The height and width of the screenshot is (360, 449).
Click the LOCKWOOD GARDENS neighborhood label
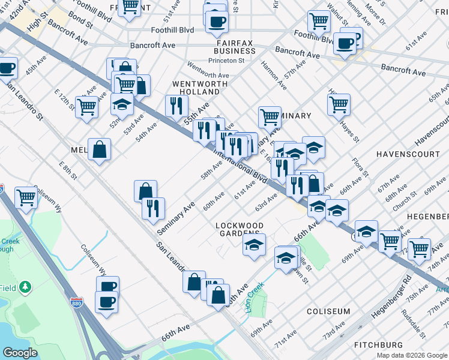(239, 229)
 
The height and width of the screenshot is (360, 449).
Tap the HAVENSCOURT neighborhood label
(403, 154)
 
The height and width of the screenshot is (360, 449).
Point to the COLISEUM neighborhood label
(328, 311)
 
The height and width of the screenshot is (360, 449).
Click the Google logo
(21, 353)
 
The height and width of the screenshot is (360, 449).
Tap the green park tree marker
(25, 287)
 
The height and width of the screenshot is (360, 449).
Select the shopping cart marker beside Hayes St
(339, 104)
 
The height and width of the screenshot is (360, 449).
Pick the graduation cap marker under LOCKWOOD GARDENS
(255, 244)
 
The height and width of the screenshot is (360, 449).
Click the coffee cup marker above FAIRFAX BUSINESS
(217, 21)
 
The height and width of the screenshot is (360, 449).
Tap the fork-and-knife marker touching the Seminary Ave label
(154, 208)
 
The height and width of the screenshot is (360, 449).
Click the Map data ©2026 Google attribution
(411, 355)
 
